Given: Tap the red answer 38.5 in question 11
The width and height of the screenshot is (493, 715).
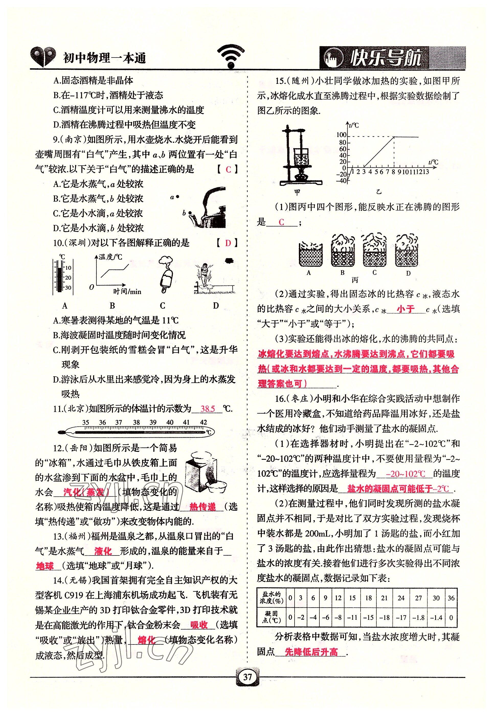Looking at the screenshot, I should click(x=208, y=409).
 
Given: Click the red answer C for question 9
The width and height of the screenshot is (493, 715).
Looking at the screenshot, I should click(x=228, y=169).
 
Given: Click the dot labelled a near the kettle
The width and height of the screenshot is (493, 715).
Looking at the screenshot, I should click(x=178, y=196).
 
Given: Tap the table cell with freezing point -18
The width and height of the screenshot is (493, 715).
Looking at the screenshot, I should click(x=384, y=617).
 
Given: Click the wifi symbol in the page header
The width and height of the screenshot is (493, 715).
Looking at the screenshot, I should click(x=230, y=56).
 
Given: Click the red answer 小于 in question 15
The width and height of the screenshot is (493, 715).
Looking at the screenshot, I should click(x=406, y=309).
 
